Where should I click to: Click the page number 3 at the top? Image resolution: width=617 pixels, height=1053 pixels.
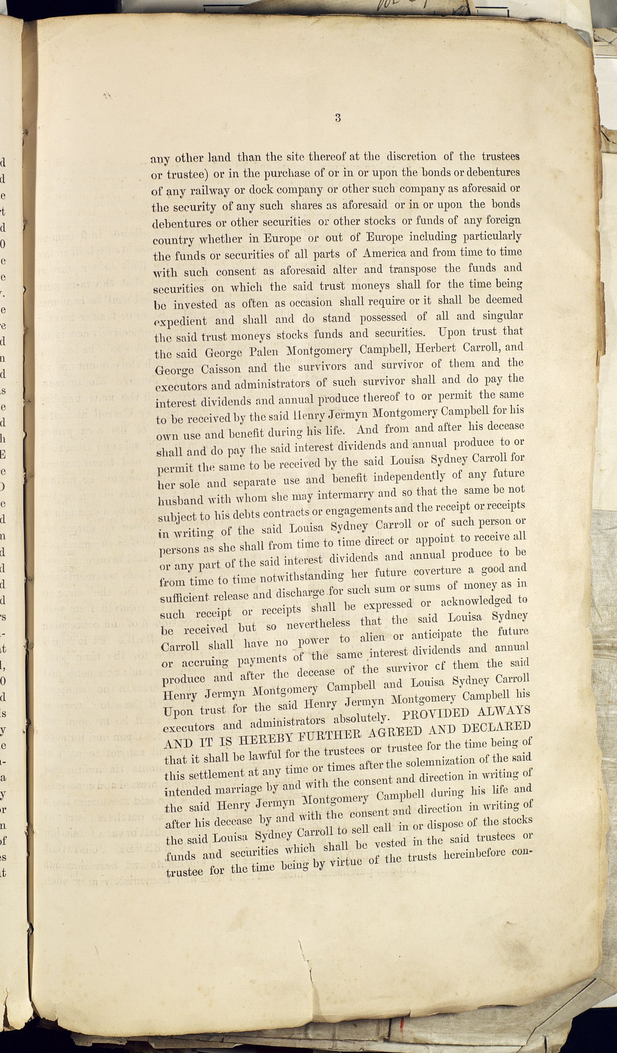[338, 118]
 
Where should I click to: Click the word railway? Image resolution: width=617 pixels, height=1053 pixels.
[210, 190]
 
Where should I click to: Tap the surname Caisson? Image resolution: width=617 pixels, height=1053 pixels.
[221, 369]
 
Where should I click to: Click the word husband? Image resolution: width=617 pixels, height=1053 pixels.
[181, 500]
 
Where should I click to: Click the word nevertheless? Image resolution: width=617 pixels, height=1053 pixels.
[319, 625]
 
